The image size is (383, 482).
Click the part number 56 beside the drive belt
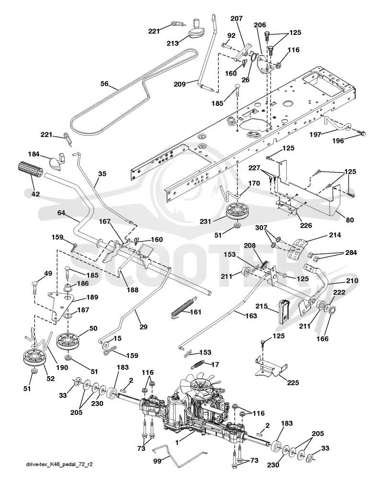(104, 83)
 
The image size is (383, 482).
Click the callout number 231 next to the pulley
(205, 221)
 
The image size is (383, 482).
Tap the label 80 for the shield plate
(350, 220)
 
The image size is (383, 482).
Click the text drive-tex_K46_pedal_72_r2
(59, 464)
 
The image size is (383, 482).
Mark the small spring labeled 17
(199, 364)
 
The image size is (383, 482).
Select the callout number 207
(237, 18)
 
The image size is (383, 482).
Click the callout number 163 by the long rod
(251, 316)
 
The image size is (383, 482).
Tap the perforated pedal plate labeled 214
(297, 249)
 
